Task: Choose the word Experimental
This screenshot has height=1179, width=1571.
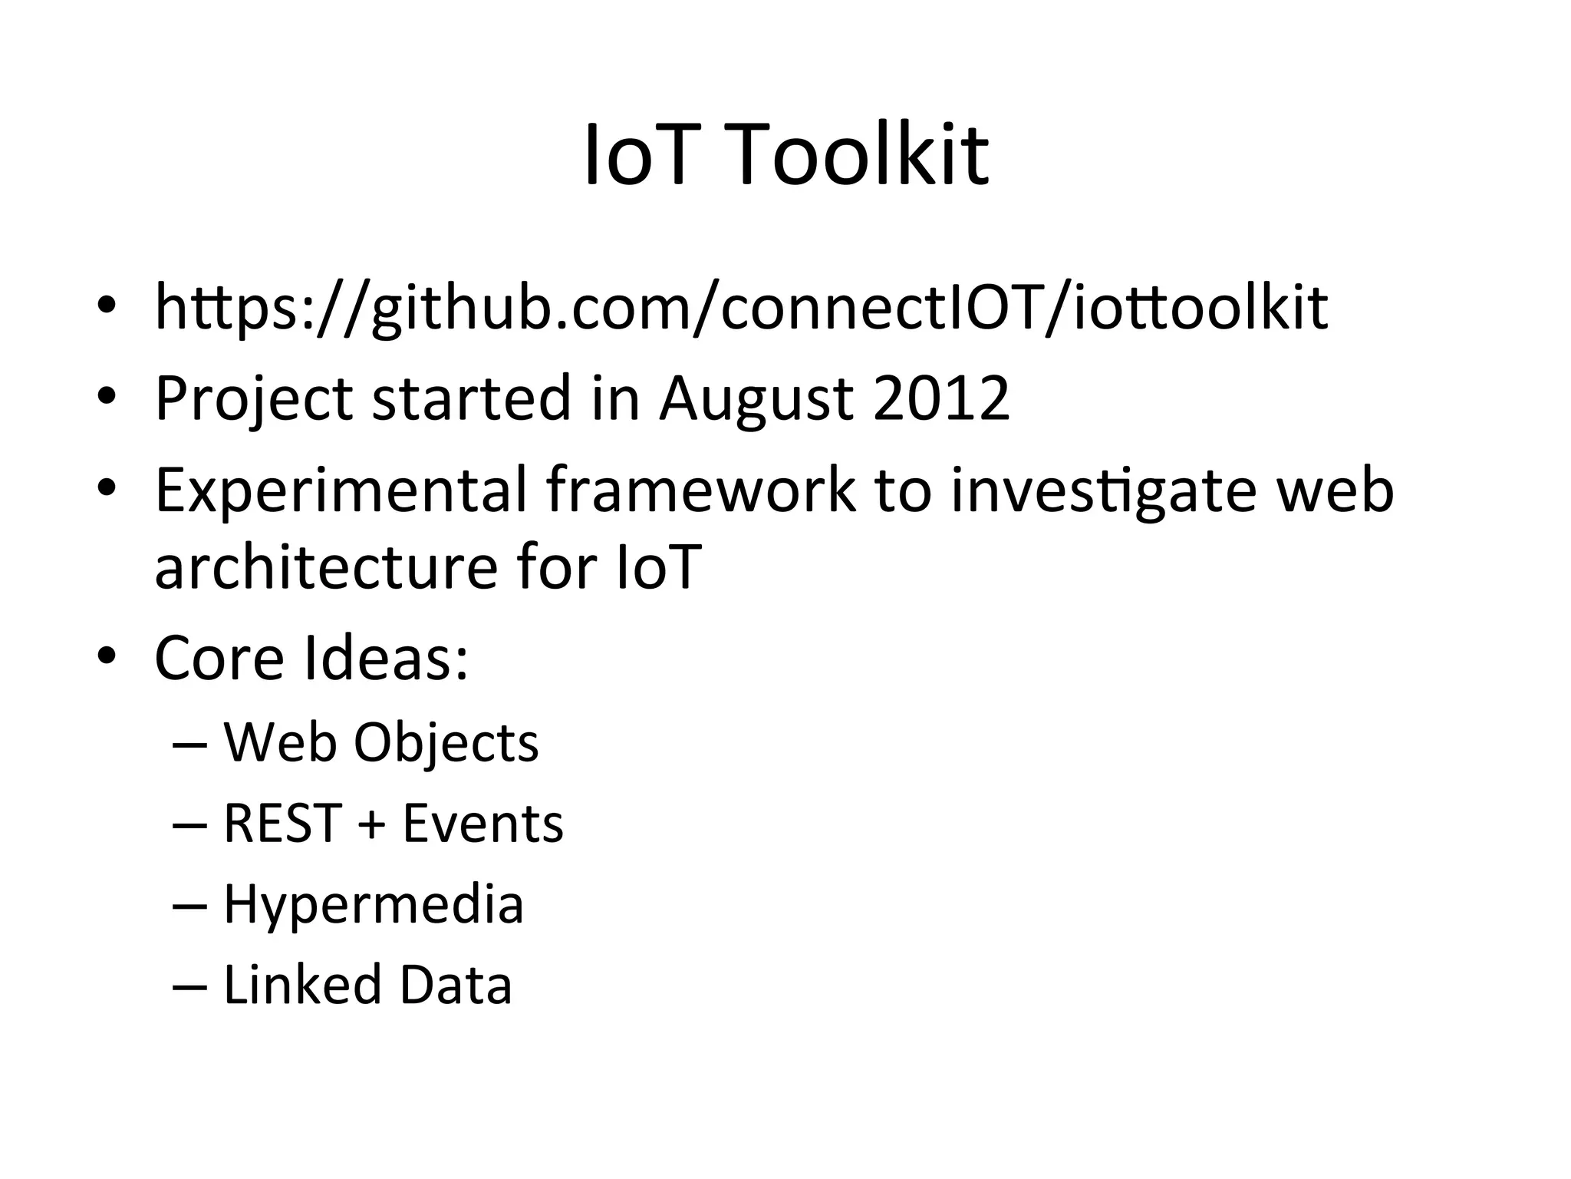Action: tap(341, 491)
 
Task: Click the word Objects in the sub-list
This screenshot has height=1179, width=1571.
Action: tap(446, 743)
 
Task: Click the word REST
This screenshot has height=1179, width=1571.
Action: tap(282, 824)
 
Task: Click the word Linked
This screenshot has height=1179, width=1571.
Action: tap(302, 985)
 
